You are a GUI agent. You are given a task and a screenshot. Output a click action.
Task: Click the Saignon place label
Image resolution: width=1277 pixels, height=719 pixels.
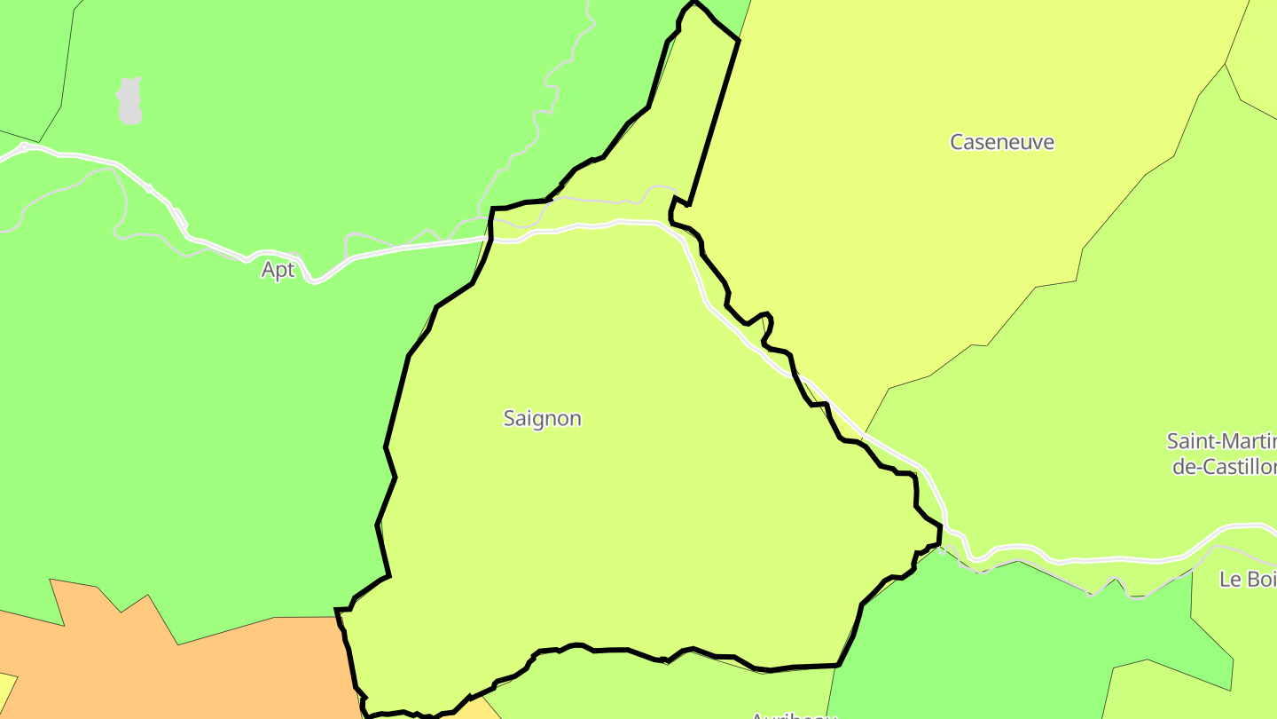pos(542,418)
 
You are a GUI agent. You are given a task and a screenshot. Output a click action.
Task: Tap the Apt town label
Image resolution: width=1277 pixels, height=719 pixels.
pos(278,270)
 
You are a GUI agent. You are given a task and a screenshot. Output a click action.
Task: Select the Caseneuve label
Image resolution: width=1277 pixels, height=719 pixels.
pos(1002,142)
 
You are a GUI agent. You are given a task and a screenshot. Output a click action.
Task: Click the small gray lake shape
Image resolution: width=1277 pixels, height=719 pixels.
pos(129,100)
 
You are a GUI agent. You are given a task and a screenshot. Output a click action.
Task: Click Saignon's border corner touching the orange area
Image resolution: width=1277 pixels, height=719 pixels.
pos(338,611)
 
